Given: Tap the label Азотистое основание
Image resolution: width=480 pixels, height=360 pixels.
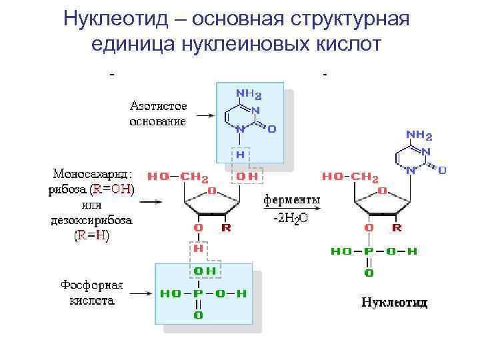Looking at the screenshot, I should click(158, 114).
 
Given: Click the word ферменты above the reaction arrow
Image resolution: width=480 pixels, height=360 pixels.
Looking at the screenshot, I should click(292, 200).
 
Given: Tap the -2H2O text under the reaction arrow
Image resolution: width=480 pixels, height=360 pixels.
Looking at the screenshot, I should click(291, 218).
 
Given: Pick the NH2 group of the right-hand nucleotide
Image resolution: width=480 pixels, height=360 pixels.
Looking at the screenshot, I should click(419, 136).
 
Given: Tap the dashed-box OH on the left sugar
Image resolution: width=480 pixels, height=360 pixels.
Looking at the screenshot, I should click(247, 177).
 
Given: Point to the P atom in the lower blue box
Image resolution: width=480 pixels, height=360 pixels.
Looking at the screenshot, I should click(198, 293).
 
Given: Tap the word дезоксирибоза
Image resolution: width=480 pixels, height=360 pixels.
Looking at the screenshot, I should click(91, 220).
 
